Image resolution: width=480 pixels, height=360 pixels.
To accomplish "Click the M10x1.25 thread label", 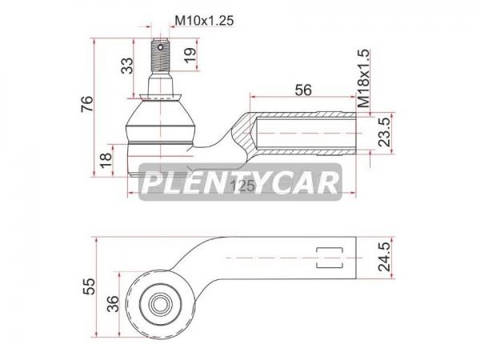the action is [x=204, y=21].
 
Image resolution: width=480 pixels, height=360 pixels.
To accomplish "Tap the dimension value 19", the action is [x=190, y=54].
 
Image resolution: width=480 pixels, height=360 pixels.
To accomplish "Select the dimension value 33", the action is [x=128, y=66].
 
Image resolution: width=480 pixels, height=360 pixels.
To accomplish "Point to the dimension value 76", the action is [x=86, y=104].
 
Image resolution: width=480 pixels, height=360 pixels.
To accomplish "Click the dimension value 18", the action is [x=106, y=160].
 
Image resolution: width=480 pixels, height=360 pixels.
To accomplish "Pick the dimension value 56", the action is [x=303, y=90].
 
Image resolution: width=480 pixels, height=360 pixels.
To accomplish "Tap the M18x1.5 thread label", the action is [x=363, y=78].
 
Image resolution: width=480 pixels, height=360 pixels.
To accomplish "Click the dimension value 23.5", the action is [x=385, y=132].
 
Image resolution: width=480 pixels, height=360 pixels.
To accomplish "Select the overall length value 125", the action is [x=242, y=186].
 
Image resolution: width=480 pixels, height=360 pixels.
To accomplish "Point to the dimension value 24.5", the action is [x=385, y=257].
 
